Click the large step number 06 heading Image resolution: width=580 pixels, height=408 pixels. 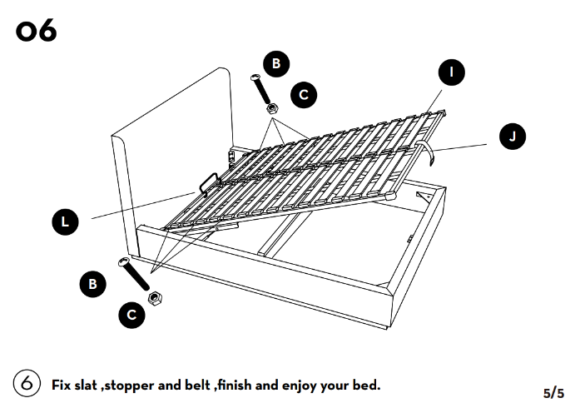(x=35, y=31)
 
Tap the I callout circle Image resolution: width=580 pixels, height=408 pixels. (x=452, y=72)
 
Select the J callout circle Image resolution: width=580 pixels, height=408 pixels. (x=513, y=136)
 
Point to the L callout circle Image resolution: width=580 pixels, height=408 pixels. (x=66, y=221)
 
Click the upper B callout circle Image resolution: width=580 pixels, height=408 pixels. (x=276, y=62)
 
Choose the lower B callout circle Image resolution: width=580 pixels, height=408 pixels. (x=92, y=284)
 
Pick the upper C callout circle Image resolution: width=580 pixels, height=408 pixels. (x=304, y=95)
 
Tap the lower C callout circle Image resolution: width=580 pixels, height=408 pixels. (x=131, y=314)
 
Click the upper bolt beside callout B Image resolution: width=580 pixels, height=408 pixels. (x=259, y=88)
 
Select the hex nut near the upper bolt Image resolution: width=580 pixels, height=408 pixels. (x=270, y=107)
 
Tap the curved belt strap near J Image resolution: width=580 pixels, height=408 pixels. (x=426, y=152)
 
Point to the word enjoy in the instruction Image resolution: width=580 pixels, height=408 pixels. (x=305, y=386)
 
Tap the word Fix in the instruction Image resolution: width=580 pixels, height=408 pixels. (x=62, y=386)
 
